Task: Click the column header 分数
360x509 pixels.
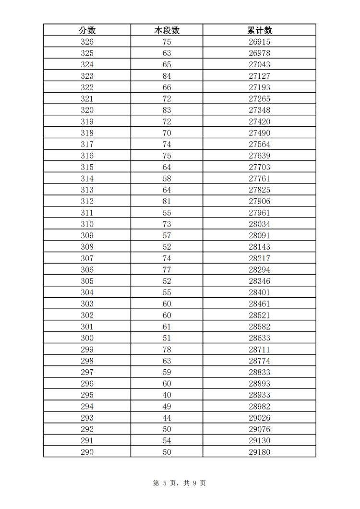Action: point(87,30)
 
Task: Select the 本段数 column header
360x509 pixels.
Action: point(167,30)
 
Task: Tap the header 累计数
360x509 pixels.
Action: point(259,30)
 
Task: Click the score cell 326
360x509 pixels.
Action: point(87,42)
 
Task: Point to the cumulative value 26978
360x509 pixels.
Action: point(259,53)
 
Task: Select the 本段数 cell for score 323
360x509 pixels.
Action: point(167,76)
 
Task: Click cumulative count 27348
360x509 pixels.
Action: point(259,110)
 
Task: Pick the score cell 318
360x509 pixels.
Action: point(87,133)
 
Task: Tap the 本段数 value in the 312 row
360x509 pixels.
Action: point(167,201)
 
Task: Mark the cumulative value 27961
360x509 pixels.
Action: point(259,213)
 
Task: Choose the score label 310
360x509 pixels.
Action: point(87,224)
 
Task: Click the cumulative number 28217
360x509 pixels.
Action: point(259,258)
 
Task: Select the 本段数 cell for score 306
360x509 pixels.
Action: point(167,270)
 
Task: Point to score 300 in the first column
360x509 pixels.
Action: point(87,338)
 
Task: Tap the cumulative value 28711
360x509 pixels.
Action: point(259,350)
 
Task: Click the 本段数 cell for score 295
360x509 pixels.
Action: point(167,395)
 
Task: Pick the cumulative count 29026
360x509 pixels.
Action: point(259,418)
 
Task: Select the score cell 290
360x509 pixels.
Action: point(87,452)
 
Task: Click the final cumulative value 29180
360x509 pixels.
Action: point(259,452)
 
